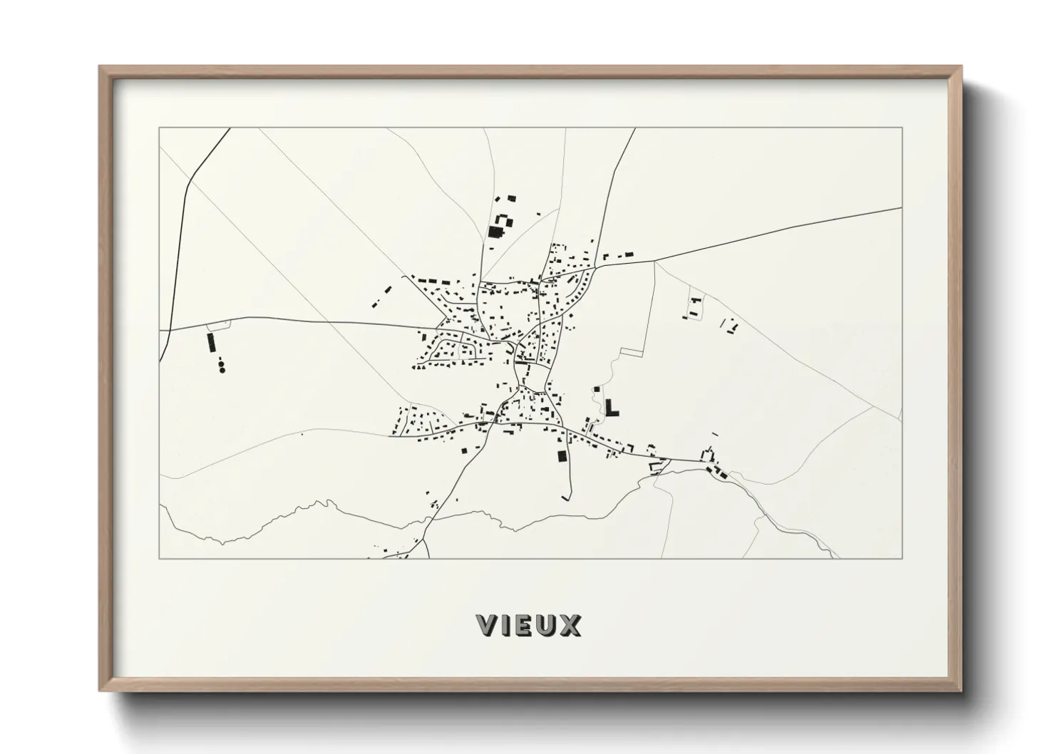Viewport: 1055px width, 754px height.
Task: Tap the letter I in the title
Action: click(x=509, y=625)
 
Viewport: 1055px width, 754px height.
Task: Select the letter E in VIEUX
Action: click(x=527, y=625)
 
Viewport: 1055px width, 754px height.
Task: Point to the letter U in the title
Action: click(x=548, y=625)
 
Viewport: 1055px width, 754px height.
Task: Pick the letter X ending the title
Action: click(x=571, y=625)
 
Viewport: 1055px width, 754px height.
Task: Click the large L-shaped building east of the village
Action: click(x=611, y=408)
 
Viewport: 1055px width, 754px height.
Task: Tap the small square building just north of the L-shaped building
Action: click(x=596, y=389)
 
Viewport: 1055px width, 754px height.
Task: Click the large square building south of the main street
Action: click(x=561, y=456)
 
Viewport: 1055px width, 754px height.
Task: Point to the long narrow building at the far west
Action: click(x=211, y=342)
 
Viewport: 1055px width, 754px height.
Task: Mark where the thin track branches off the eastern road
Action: click(x=654, y=261)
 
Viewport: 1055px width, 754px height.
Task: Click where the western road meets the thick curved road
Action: click(x=170, y=329)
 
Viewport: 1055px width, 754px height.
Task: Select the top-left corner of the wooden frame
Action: click(x=100, y=67)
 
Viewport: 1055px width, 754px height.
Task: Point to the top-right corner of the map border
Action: click(x=902, y=128)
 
